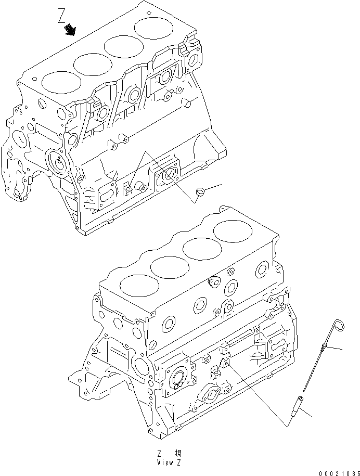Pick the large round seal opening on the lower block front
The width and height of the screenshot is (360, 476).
[x=179, y=379]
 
